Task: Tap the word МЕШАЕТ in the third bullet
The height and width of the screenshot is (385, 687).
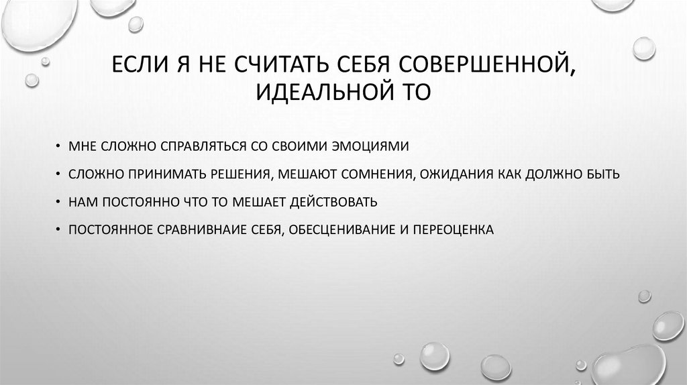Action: [257, 202]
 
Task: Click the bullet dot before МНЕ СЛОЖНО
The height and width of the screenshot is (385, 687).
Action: [59, 146]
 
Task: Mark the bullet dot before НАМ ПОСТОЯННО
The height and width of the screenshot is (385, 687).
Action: [59, 202]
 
